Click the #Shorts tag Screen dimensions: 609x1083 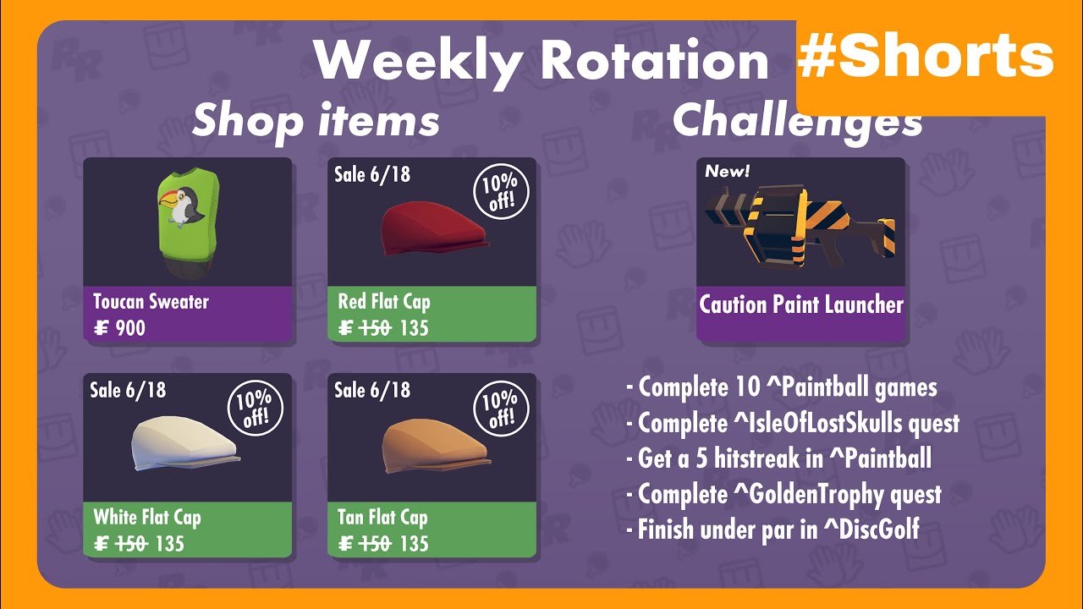pyautogui.click(x=926, y=58)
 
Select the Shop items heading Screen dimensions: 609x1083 pyautogui.click(x=316, y=121)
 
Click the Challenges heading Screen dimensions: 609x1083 pyautogui.click(x=797, y=121)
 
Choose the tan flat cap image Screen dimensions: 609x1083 pyautogui.click(x=433, y=445)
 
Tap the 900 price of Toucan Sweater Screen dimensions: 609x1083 pyautogui.click(x=129, y=327)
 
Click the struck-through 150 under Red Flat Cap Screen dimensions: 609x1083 pyautogui.click(x=375, y=327)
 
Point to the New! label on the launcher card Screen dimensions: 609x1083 pyautogui.click(x=727, y=172)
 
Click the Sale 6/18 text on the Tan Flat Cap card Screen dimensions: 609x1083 pyautogui.click(x=372, y=390)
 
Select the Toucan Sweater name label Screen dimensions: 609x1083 pyautogui.click(x=151, y=302)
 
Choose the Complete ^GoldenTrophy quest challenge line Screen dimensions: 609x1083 pyautogui.click(x=784, y=494)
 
